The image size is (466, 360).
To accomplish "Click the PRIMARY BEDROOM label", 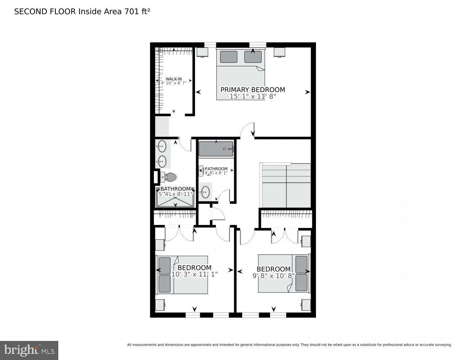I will click(x=253, y=90).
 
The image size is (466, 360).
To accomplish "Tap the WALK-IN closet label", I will click(x=173, y=79).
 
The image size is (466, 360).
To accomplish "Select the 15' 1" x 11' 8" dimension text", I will click(x=253, y=96).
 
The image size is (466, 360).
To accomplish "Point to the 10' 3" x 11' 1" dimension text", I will click(x=194, y=274).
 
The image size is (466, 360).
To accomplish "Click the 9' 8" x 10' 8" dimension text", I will click(x=273, y=276).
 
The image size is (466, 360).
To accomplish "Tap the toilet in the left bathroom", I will click(x=169, y=177).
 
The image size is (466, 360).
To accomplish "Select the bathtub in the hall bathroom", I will click(x=216, y=149).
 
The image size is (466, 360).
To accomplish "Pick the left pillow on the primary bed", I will click(x=229, y=57).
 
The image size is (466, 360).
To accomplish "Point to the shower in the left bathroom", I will click(x=175, y=200).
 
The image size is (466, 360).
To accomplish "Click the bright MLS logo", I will click(x=29, y=350).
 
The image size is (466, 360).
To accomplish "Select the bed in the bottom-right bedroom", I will click(x=284, y=273).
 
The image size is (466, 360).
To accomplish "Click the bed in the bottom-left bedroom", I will click(x=182, y=275).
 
